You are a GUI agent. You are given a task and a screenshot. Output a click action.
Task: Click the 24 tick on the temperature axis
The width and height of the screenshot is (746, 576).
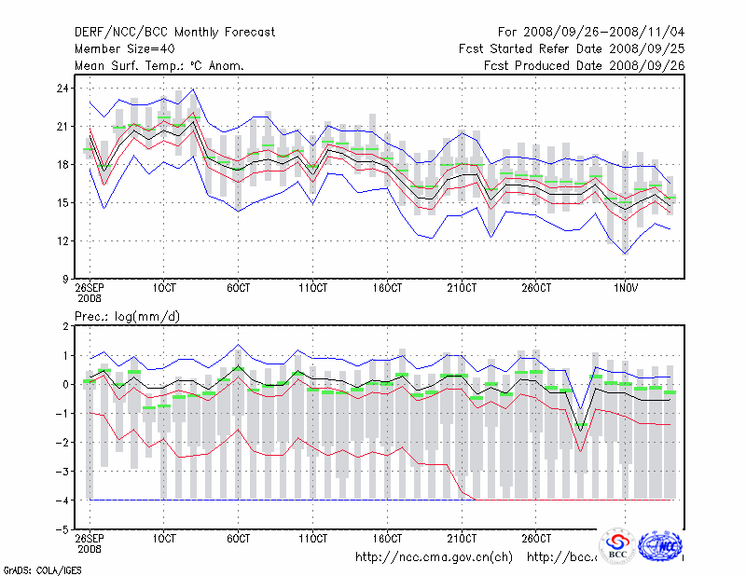pyautogui.click(x=62, y=88)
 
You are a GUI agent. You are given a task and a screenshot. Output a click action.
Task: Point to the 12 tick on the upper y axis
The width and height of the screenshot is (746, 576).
pyautogui.click(x=62, y=240)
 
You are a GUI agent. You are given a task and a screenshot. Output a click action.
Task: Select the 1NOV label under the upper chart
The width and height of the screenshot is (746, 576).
pyautogui.click(x=624, y=287)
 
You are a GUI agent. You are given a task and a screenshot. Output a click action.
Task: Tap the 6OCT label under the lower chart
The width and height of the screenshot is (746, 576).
pyautogui.click(x=239, y=538)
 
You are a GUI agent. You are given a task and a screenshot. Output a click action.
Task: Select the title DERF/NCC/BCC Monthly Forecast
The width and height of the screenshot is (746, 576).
pyautogui.click(x=174, y=33)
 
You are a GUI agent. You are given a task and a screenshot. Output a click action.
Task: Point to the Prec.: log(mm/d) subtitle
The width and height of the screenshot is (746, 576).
pyautogui.click(x=128, y=317)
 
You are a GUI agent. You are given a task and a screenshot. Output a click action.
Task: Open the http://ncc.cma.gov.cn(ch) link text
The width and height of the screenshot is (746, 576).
pyautogui.click(x=434, y=557)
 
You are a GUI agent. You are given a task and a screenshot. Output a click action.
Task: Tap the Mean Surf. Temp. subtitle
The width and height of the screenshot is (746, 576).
pyautogui.click(x=159, y=65)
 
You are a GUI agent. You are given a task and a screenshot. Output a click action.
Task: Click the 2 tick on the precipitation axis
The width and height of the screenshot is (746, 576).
pyautogui.click(x=64, y=326)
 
